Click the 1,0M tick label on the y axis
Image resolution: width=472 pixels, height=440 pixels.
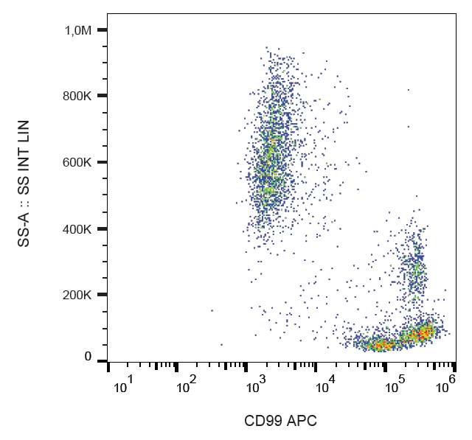pos(77,30)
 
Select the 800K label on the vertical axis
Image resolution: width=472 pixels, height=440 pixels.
pos(77,96)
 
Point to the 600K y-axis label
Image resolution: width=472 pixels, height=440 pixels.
pos(77,162)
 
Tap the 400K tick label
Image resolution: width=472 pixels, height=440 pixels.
pos(77,229)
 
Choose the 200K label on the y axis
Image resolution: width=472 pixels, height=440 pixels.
pos(77,296)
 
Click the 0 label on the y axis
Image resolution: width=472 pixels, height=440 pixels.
pos(87,357)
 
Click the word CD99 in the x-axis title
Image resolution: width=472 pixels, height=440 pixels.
pos(265,422)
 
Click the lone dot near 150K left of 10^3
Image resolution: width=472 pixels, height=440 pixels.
pos(212,310)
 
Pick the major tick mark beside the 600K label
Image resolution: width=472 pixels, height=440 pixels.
pos(102,162)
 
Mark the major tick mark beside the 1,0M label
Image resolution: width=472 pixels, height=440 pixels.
pos(102,29)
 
